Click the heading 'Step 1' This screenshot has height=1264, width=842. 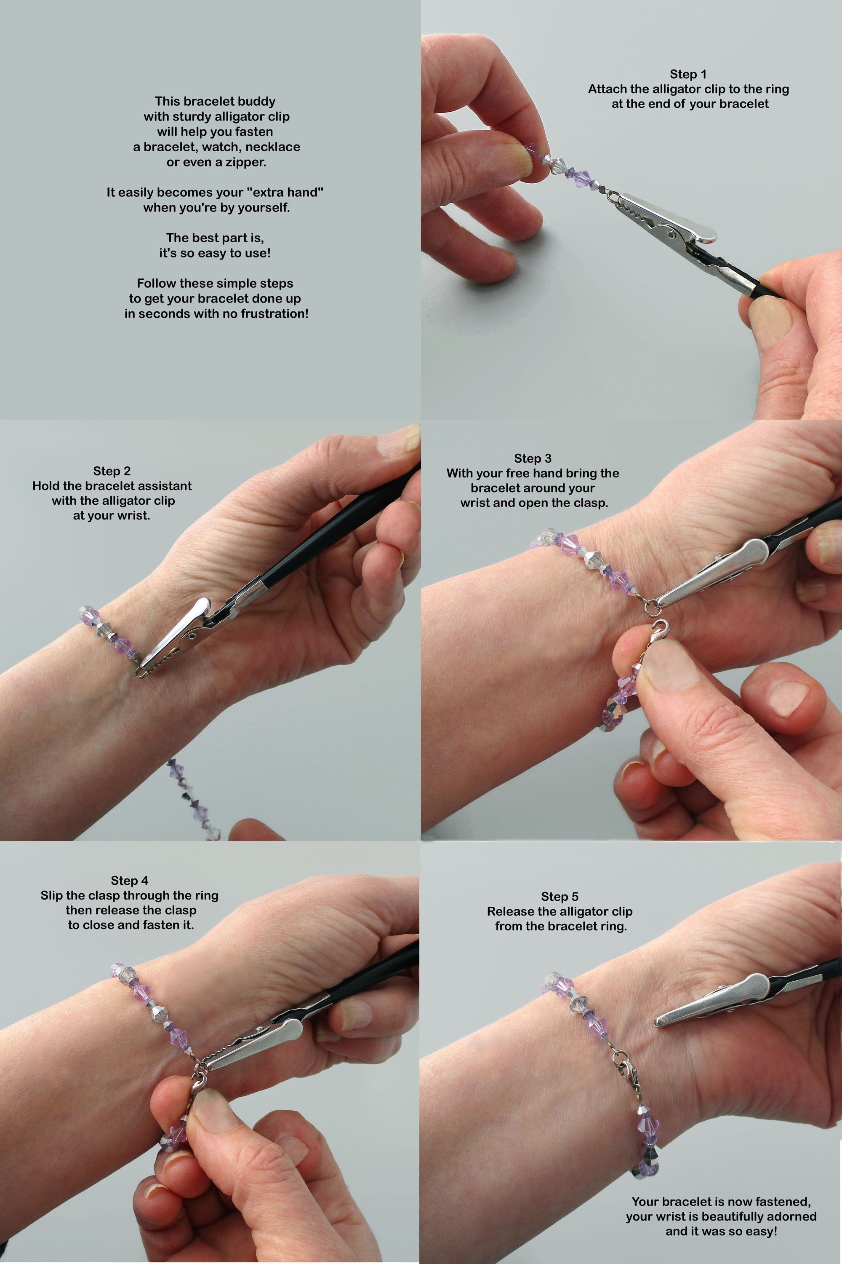click(x=688, y=74)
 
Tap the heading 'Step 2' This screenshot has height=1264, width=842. click(x=112, y=471)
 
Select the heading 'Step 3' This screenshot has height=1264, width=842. click(x=533, y=458)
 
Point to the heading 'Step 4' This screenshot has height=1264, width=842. click(x=129, y=880)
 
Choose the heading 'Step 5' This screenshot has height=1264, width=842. click(x=560, y=897)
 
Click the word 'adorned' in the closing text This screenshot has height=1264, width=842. click(x=789, y=1216)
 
